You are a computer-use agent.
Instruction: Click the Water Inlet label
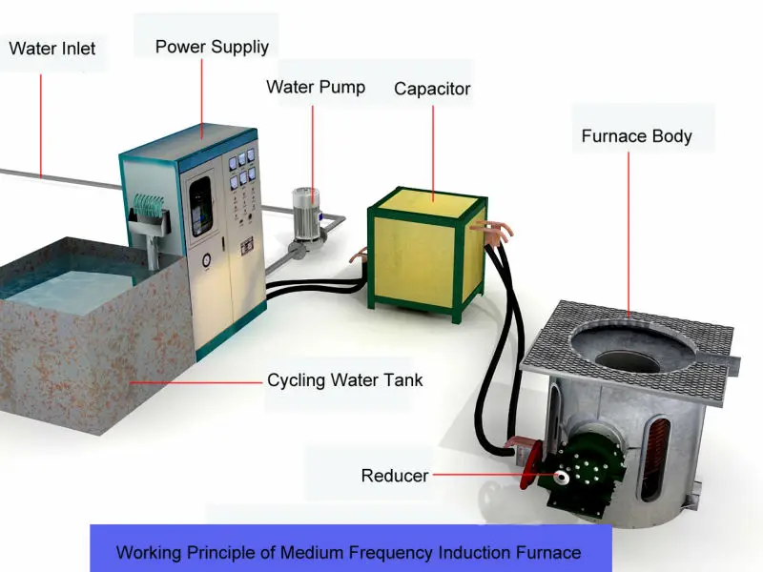[x=52, y=47]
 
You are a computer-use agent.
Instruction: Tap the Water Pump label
[x=315, y=87]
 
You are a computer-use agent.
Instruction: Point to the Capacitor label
[x=432, y=90]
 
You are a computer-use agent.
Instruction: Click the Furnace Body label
[x=636, y=136]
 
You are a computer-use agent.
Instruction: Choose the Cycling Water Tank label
[x=344, y=380]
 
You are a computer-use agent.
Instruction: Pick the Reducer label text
[x=395, y=475]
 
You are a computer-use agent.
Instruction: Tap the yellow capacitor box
[x=423, y=255]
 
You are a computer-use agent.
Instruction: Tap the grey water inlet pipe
[x=57, y=178]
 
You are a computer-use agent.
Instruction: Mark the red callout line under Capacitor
[x=432, y=153]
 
